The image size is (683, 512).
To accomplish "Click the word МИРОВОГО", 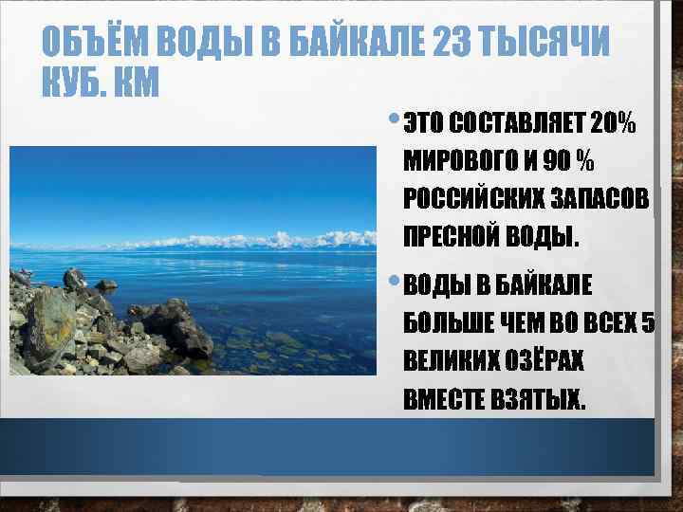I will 455,161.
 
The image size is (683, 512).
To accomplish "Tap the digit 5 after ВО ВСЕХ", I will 648,323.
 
